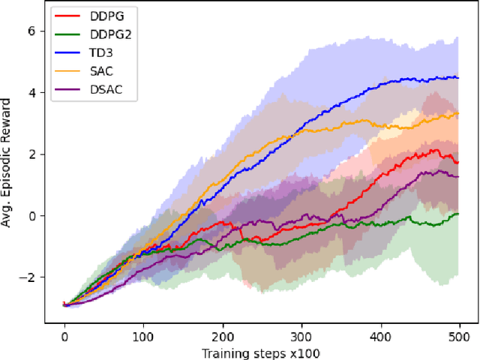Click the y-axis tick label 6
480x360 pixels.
tap(31, 31)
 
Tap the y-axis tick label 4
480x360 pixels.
tap(31, 92)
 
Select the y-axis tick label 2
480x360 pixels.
tap(31, 154)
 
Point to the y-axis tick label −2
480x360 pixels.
tap(28, 277)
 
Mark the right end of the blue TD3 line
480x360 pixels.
tap(458, 77)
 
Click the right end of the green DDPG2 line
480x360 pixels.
tap(458, 214)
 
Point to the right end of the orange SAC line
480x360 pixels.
tap(458, 114)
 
